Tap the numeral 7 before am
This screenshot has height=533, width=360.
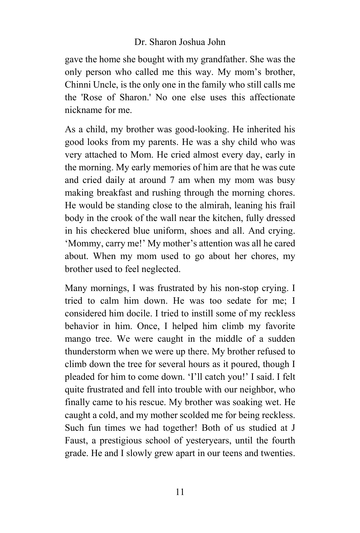coord(171,180)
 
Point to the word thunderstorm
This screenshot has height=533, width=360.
coord(90,351)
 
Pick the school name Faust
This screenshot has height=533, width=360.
coord(75,440)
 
